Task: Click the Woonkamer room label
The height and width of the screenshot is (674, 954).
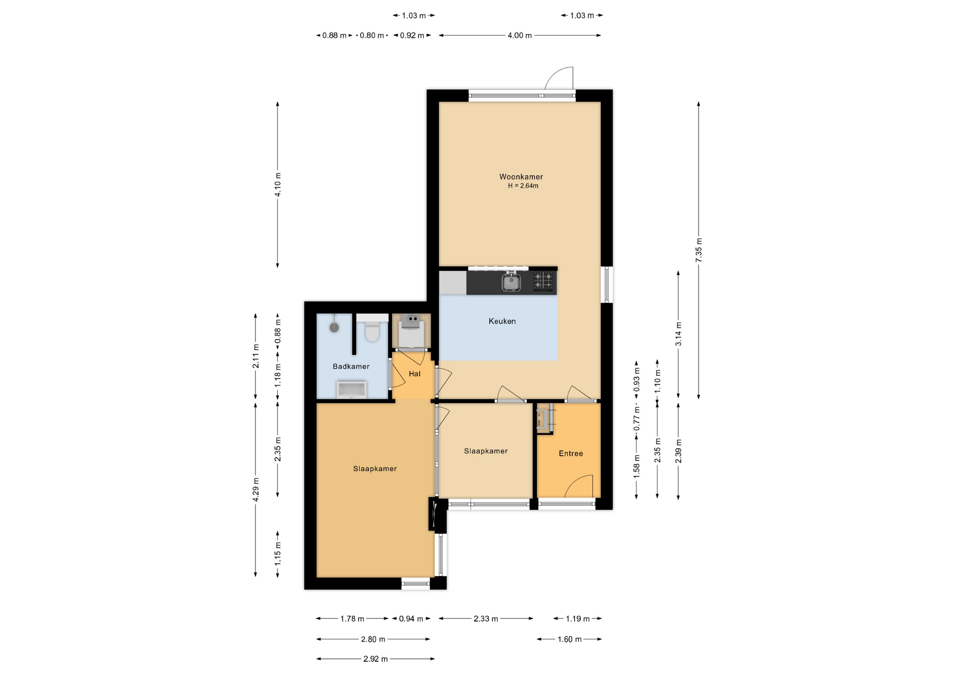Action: click(x=521, y=177)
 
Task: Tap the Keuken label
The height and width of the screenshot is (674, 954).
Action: click(x=502, y=321)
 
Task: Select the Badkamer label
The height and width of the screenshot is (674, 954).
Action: click(x=351, y=366)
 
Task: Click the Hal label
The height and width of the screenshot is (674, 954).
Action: click(x=414, y=374)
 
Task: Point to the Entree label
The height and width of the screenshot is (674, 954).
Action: click(x=570, y=453)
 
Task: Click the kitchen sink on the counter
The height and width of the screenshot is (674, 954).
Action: click(x=511, y=282)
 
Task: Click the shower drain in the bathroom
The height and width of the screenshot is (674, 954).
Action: click(x=334, y=328)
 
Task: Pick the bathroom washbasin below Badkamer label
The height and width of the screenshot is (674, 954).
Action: click(x=352, y=390)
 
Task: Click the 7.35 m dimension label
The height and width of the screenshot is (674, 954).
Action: click(x=699, y=250)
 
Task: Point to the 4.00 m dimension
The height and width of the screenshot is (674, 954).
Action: click(x=520, y=36)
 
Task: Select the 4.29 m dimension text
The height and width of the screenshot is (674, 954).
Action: click(x=256, y=489)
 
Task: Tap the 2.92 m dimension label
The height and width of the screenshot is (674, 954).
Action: click(x=375, y=659)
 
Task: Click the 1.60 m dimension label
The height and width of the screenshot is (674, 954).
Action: click(x=569, y=639)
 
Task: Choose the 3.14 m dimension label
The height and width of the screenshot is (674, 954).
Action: click(x=678, y=334)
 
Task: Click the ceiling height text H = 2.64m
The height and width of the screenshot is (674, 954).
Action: click(x=523, y=186)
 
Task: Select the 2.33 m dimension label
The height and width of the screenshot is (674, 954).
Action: click(x=485, y=619)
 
